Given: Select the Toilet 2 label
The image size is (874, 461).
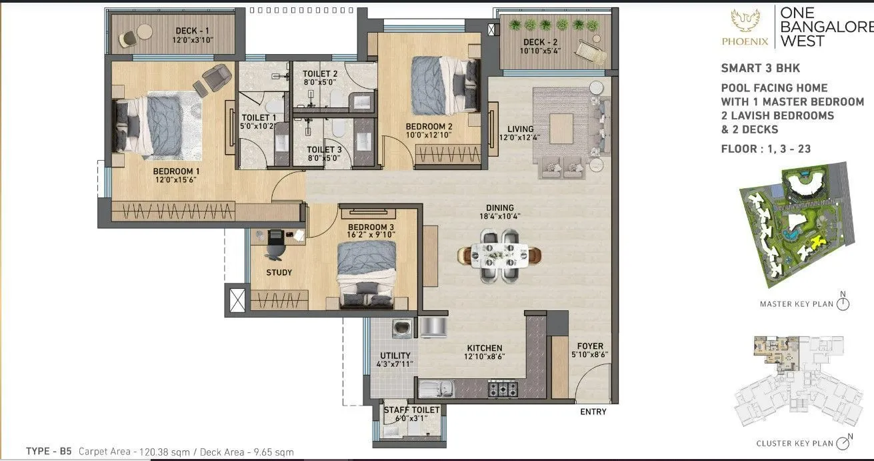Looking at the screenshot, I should click(319, 73).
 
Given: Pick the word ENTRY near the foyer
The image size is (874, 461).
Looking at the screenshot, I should click(593, 412).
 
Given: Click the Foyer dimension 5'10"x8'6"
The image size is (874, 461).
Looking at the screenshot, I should click(589, 356).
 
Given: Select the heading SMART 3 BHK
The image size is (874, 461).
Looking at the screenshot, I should click(760, 68).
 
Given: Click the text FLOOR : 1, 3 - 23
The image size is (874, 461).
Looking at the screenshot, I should click(765, 149).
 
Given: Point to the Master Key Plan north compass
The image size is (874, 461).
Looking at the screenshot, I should click(843, 304).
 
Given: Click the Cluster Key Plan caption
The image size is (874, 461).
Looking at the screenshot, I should click(794, 443).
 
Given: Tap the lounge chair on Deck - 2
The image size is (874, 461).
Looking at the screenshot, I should click(588, 51).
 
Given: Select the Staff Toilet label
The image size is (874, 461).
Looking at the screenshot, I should click(411, 410).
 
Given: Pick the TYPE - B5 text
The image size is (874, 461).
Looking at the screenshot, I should click(49, 452).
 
